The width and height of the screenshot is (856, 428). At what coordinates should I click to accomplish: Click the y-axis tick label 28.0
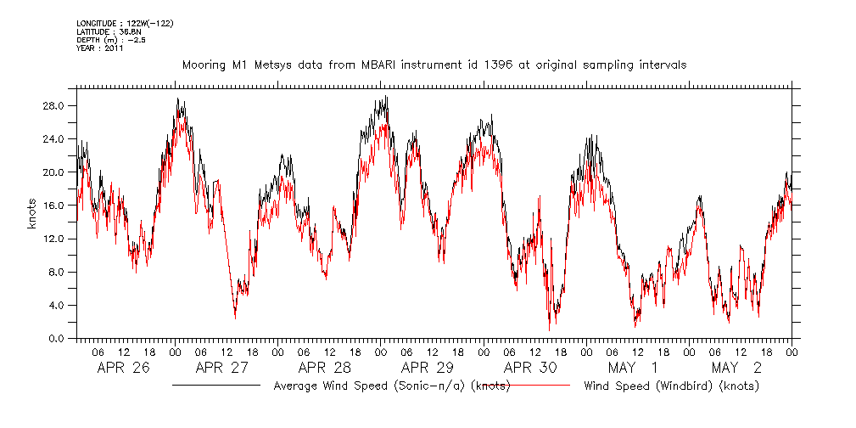[x=55, y=106]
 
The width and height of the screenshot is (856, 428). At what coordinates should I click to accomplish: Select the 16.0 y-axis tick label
[x=55, y=206]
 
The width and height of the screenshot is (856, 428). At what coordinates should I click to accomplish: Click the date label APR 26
[x=123, y=368]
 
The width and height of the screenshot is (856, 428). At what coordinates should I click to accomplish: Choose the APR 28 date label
[x=325, y=368]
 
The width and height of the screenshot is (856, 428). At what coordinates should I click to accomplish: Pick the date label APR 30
[x=530, y=368]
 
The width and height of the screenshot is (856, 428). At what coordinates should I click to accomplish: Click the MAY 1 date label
[x=632, y=368]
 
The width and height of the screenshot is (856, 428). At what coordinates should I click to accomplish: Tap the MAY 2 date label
[x=736, y=368]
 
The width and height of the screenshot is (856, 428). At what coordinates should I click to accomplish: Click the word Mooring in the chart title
[x=204, y=65]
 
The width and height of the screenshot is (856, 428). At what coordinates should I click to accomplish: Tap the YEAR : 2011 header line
[x=100, y=48]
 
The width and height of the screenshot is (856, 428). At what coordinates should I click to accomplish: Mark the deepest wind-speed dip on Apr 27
[x=235, y=317]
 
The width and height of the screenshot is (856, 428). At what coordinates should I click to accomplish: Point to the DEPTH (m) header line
[x=111, y=40]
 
